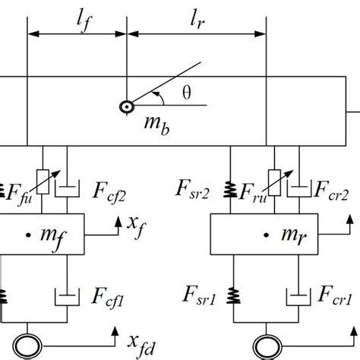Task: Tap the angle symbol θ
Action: [x=189, y=93]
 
